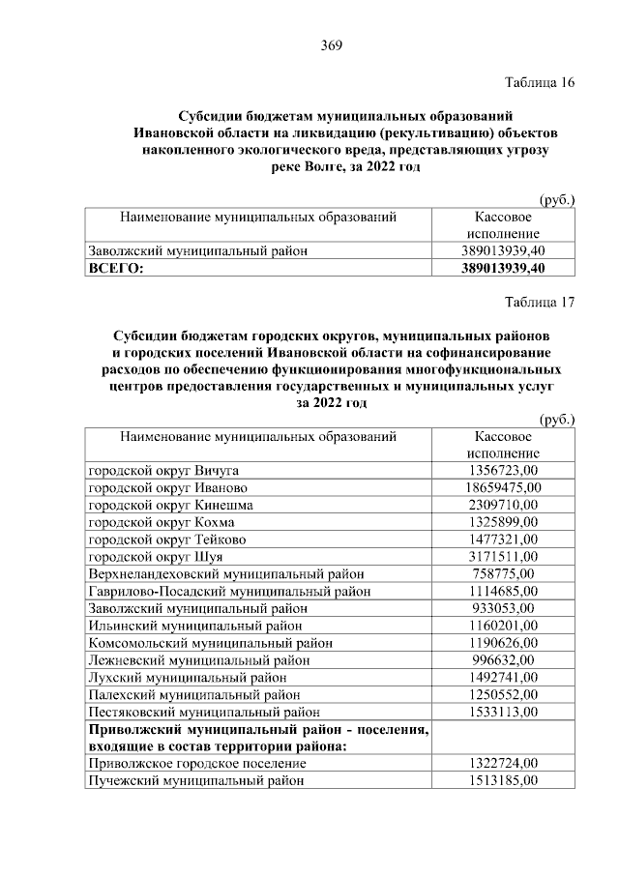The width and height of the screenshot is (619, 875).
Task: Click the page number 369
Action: coord(332,45)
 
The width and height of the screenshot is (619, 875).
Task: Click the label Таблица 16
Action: coord(540,82)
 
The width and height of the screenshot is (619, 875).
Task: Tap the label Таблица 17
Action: coord(540,302)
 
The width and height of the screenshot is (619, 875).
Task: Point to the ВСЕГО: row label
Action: coord(115,268)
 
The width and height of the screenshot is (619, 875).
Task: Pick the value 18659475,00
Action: coord(503,487)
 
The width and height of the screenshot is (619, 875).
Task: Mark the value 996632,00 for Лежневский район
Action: coord(503,659)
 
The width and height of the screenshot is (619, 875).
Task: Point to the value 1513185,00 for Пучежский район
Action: coord(503,780)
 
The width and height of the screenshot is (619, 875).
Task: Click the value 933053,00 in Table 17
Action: coord(503,608)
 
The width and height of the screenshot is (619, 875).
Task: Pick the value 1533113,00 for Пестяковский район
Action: coord(503,712)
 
